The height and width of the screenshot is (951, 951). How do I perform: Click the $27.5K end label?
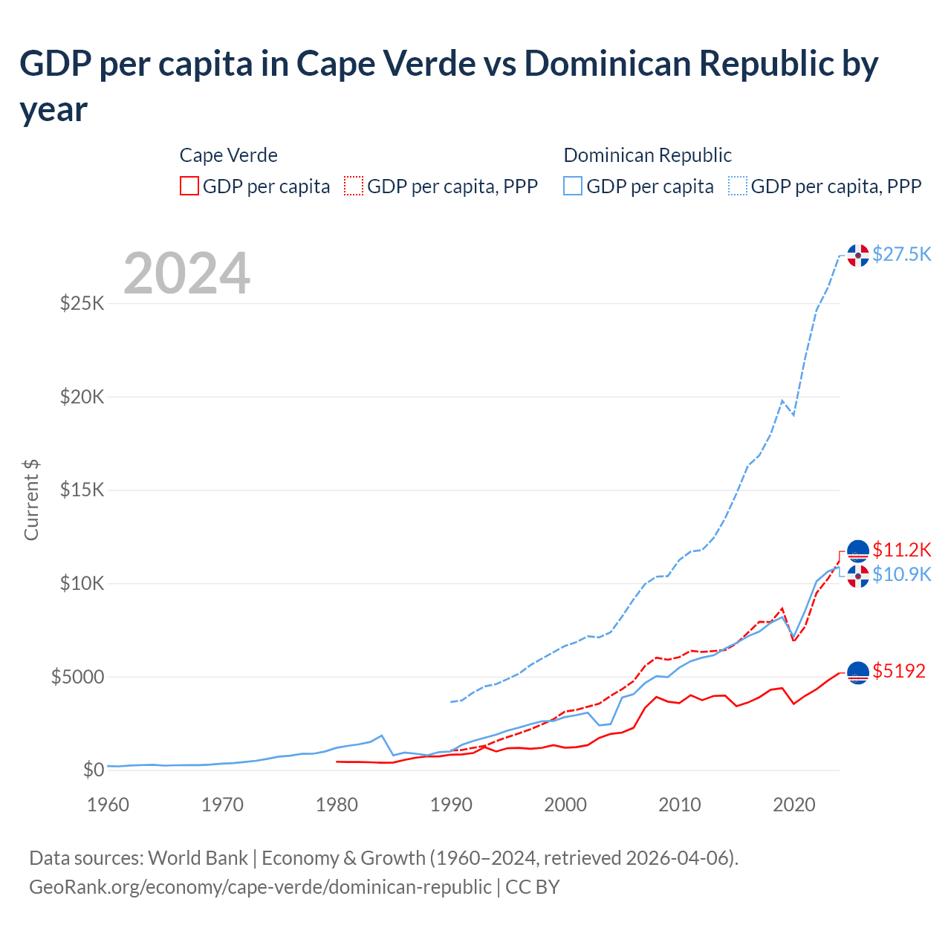[x=901, y=254]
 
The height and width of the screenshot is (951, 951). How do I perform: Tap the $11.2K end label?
[x=901, y=550]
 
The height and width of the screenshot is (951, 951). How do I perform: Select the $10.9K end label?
[x=901, y=574]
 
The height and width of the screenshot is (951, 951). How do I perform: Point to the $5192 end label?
[x=898, y=671]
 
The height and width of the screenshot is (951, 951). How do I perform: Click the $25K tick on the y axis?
[x=82, y=303]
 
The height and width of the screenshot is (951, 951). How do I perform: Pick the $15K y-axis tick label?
[x=82, y=490]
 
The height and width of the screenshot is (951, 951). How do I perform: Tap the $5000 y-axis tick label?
[x=77, y=677]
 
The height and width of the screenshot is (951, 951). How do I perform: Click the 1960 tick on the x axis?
[x=108, y=805]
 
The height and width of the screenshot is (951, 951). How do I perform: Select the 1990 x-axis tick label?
[x=451, y=805]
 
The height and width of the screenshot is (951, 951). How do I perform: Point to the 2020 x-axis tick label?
[x=794, y=805]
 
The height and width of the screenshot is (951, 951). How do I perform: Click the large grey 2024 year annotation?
[x=186, y=273]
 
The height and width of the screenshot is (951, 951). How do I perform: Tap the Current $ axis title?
[x=31, y=499]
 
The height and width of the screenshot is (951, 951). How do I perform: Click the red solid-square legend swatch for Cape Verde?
[x=189, y=186]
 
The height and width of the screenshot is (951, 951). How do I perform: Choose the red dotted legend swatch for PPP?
[x=354, y=186]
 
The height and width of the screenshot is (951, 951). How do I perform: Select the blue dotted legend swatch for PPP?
[x=738, y=186]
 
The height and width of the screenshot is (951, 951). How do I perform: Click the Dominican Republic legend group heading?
[x=647, y=155]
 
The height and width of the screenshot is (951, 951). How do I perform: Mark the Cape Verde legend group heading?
[x=228, y=155]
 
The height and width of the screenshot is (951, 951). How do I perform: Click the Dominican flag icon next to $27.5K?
[x=858, y=255]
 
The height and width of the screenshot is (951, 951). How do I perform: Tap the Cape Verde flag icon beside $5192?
[x=858, y=672]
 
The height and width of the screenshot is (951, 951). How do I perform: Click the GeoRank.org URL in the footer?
[x=260, y=887]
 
